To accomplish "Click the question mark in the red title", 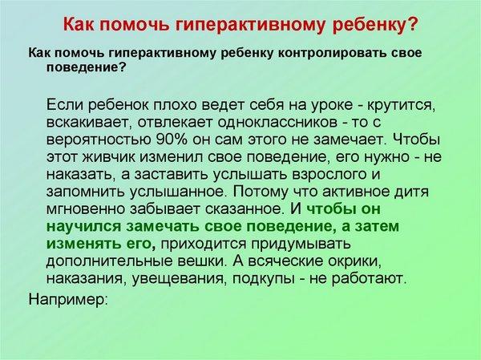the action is coord(411,24).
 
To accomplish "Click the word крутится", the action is coord(402,106).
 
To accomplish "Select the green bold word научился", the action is coord(83,227).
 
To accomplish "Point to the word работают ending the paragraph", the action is coord(369,279).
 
